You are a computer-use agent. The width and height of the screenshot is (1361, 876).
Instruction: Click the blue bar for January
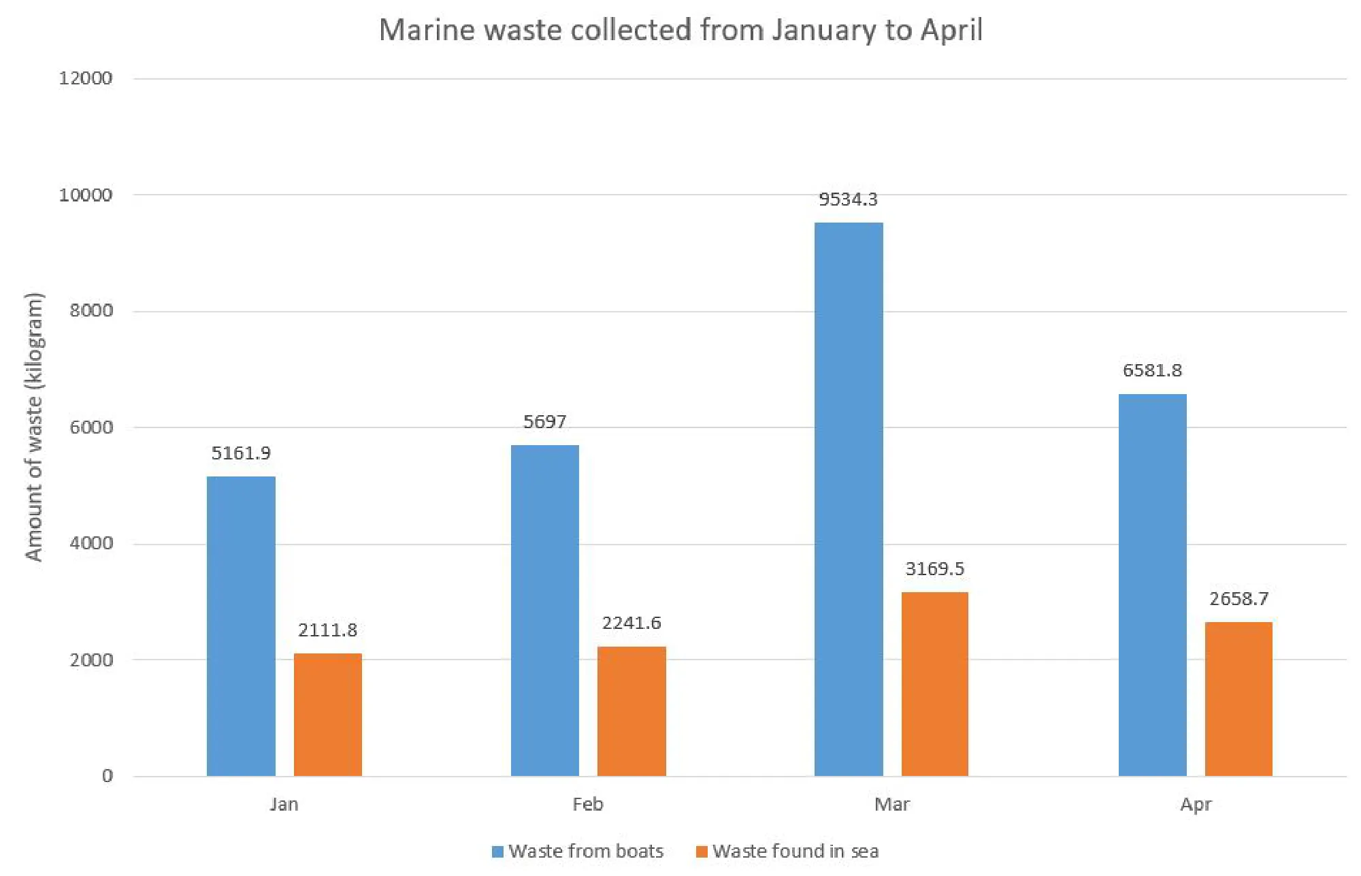click(x=241, y=626)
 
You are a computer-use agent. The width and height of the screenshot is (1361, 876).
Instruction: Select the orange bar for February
click(x=632, y=711)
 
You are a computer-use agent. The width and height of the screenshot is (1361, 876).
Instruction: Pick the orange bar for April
click(x=1239, y=699)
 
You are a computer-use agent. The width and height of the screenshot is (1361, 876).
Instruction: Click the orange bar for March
click(x=934, y=684)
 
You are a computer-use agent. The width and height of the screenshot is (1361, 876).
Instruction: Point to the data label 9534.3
click(x=848, y=199)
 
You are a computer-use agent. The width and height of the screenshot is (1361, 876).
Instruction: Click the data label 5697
click(x=544, y=422)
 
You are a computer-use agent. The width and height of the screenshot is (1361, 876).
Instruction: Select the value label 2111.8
click(x=327, y=630)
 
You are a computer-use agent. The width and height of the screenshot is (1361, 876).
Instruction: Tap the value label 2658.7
click(x=1239, y=599)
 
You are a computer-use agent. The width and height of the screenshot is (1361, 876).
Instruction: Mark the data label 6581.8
click(x=1152, y=370)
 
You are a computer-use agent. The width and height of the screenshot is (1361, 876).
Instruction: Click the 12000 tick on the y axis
click(x=86, y=78)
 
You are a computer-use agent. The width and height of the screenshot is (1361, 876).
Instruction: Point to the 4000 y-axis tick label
click(x=91, y=544)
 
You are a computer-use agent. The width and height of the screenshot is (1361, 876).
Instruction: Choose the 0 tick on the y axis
click(x=108, y=776)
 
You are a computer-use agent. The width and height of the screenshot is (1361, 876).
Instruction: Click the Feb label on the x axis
click(x=587, y=805)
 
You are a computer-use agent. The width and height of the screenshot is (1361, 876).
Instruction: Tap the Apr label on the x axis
click(x=1196, y=805)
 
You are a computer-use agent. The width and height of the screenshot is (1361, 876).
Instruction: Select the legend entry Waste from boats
click(x=585, y=851)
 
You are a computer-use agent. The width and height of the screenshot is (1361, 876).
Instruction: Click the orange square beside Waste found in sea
click(x=702, y=852)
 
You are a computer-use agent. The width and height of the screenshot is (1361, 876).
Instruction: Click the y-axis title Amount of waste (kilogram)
click(x=34, y=427)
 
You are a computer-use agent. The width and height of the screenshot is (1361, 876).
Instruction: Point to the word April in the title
click(x=951, y=31)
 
